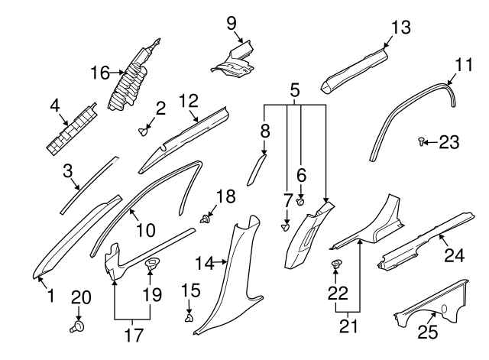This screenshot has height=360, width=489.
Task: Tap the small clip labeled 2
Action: click(x=143, y=131)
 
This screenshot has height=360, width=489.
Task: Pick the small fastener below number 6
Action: click(x=301, y=203)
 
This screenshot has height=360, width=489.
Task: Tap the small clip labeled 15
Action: click(x=189, y=315)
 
